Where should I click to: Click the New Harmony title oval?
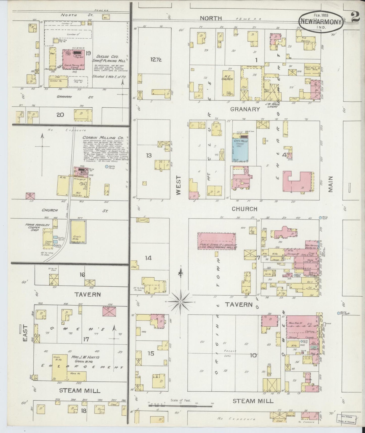click(321, 21)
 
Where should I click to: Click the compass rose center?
click(181, 302)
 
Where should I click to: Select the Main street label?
click(331, 184)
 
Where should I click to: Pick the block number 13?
click(149, 155)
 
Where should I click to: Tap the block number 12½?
click(156, 60)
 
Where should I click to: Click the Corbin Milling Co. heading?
click(103, 138)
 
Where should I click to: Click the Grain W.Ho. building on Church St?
click(78, 231)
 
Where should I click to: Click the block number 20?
click(60, 115)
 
